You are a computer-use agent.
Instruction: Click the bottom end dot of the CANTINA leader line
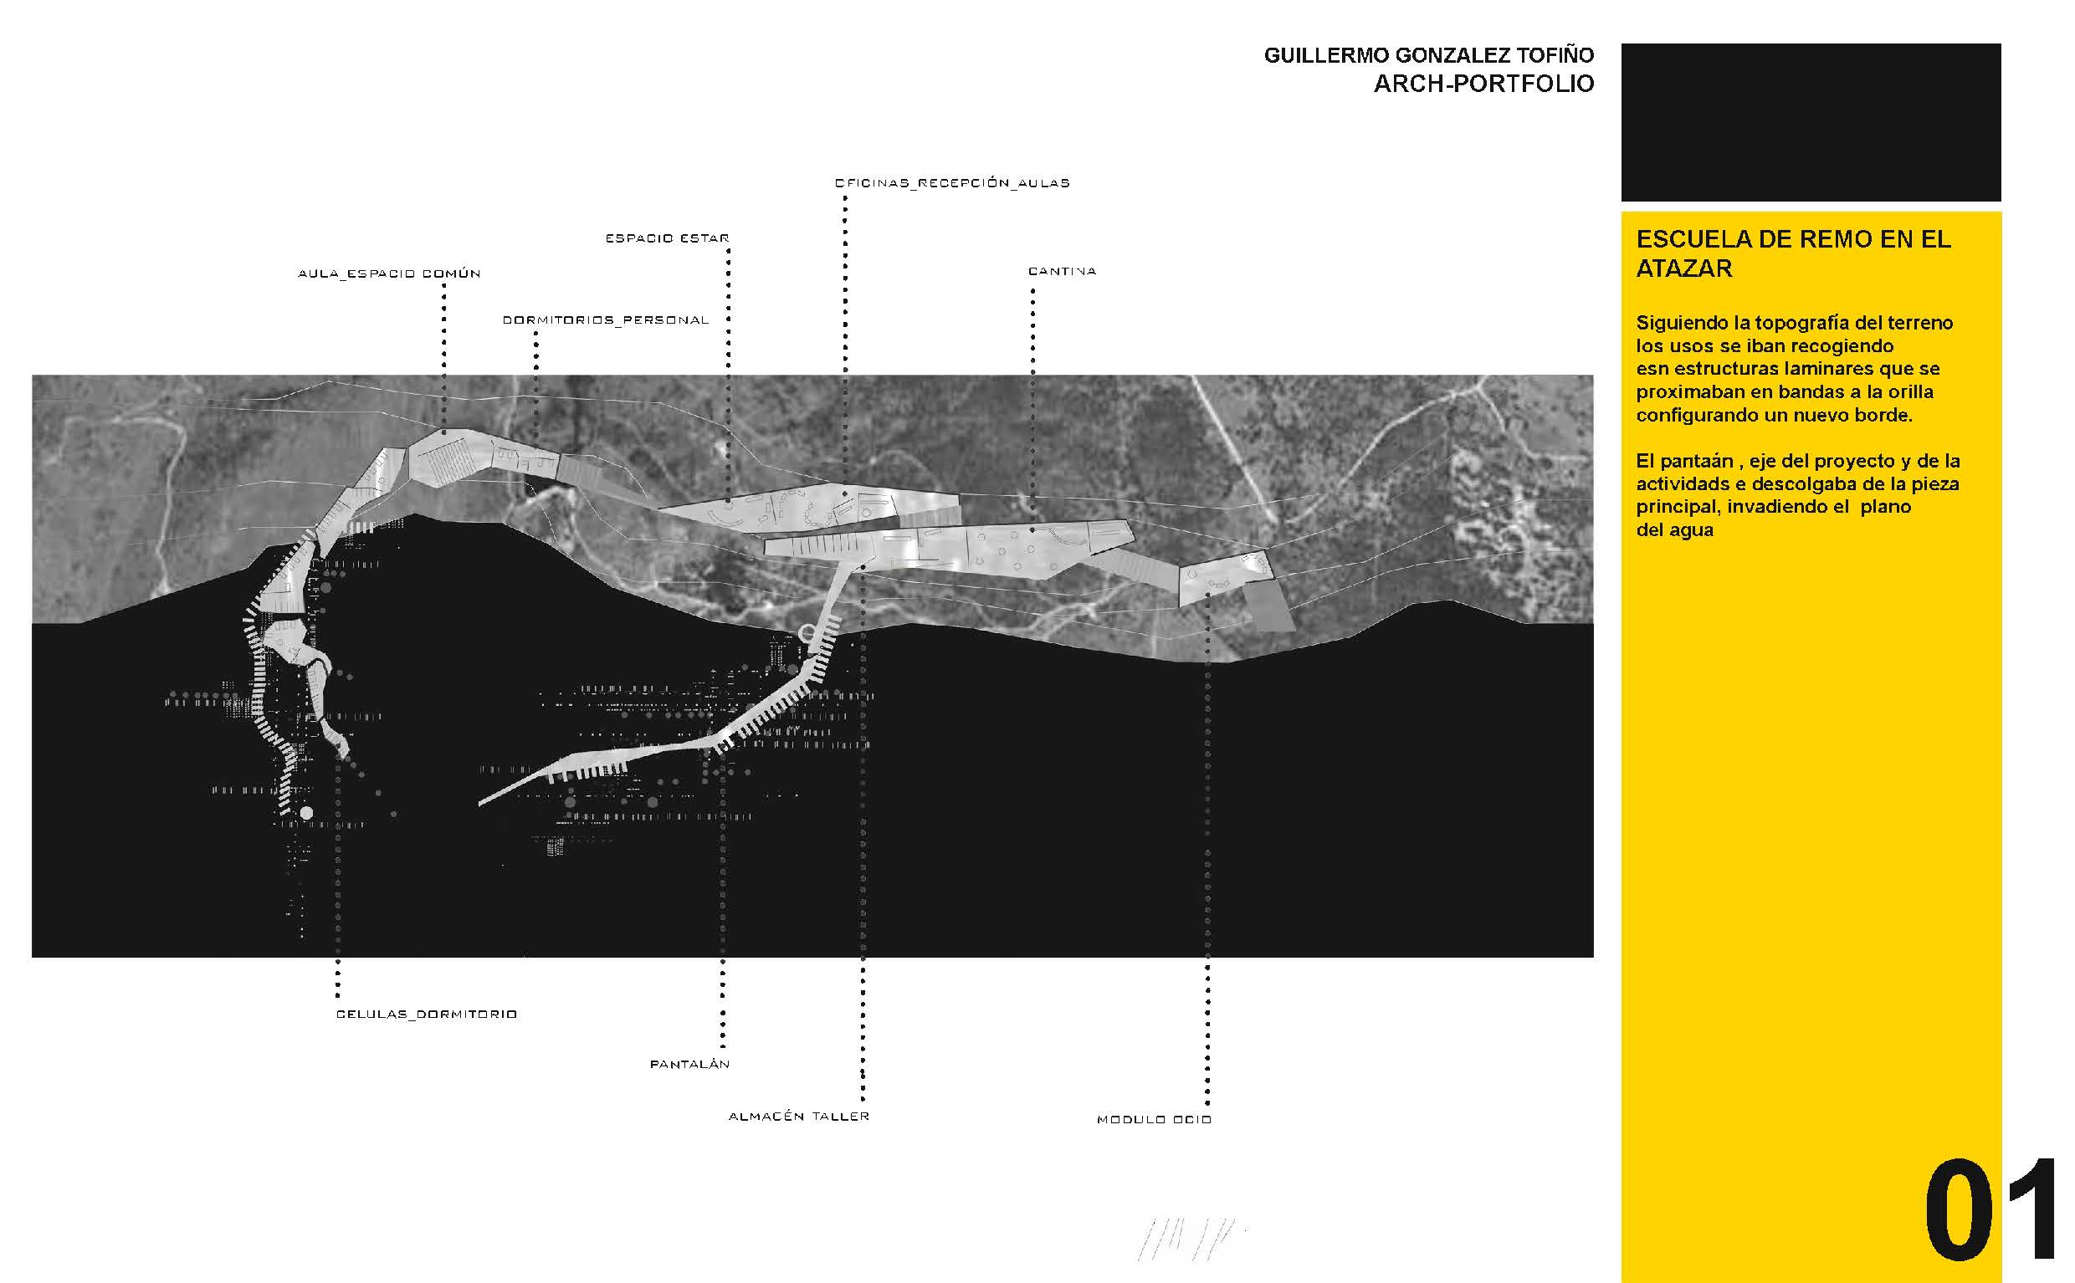click(1032, 530)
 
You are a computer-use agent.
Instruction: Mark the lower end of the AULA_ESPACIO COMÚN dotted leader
click(443, 433)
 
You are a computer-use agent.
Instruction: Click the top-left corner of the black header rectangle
click(1622, 44)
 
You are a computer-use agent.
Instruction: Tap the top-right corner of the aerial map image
click(1593, 375)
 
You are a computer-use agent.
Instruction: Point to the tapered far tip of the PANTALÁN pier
click(480, 802)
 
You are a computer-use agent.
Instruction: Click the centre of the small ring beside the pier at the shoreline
click(807, 633)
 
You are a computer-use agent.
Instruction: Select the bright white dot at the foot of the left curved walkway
click(306, 813)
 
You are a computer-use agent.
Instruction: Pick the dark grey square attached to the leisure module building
click(1269, 606)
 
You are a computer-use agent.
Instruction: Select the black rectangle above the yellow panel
click(1811, 122)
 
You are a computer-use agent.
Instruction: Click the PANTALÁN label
click(690, 1064)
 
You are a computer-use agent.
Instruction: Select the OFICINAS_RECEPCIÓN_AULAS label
click(952, 182)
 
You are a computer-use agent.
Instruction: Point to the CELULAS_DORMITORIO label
click(427, 1014)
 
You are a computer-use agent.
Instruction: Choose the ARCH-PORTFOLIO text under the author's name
click(1483, 84)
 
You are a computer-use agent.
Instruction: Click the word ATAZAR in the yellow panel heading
click(1684, 268)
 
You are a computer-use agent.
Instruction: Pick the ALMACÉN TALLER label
click(798, 1116)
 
